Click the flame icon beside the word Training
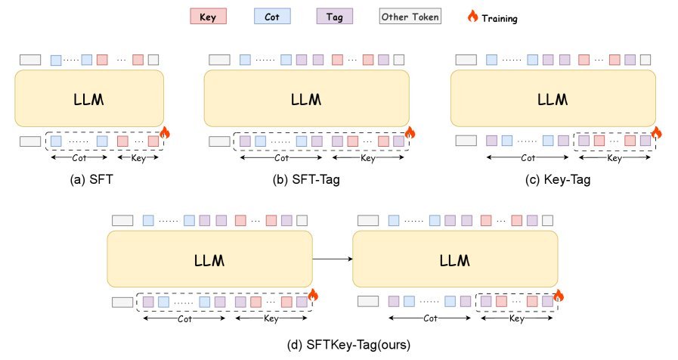473,15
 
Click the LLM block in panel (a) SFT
89,98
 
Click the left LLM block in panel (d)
209,259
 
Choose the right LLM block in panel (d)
455,259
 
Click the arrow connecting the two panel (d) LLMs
333,259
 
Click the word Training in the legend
500,17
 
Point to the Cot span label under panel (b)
281,158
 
